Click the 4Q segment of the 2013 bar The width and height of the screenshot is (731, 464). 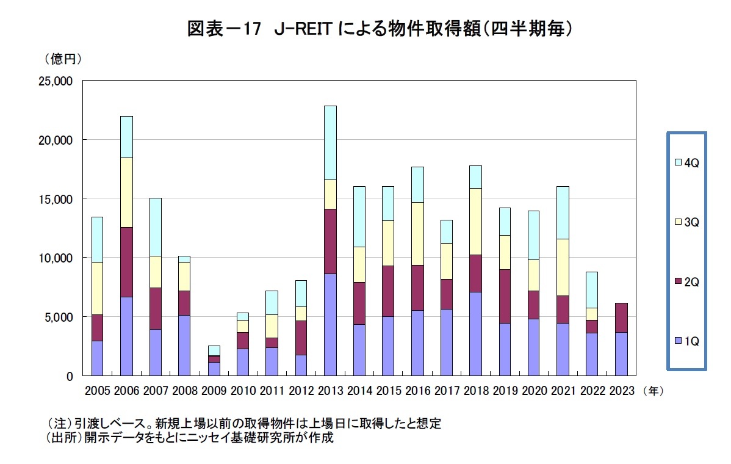(330, 143)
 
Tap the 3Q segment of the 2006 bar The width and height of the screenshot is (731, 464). (126, 192)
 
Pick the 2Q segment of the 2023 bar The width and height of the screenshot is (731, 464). (621, 317)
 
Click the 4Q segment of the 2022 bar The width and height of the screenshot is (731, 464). (591, 289)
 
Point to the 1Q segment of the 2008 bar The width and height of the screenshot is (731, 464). (184, 345)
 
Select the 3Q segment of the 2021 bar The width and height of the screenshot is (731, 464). (563, 267)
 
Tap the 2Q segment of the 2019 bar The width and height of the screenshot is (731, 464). (505, 296)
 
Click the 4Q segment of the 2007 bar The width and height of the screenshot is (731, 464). (156, 227)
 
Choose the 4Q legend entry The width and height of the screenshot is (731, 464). (686, 162)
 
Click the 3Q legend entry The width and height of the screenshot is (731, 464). (686, 222)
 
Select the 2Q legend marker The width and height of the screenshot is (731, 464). (678, 281)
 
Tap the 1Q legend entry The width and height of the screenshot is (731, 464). (686, 341)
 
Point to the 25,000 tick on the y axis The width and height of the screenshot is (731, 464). (55, 81)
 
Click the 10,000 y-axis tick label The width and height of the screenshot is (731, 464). (55, 258)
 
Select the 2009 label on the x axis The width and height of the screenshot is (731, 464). (214, 390)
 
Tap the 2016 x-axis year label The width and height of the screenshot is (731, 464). (417, 390)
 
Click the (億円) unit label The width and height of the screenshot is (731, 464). (63, 60)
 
